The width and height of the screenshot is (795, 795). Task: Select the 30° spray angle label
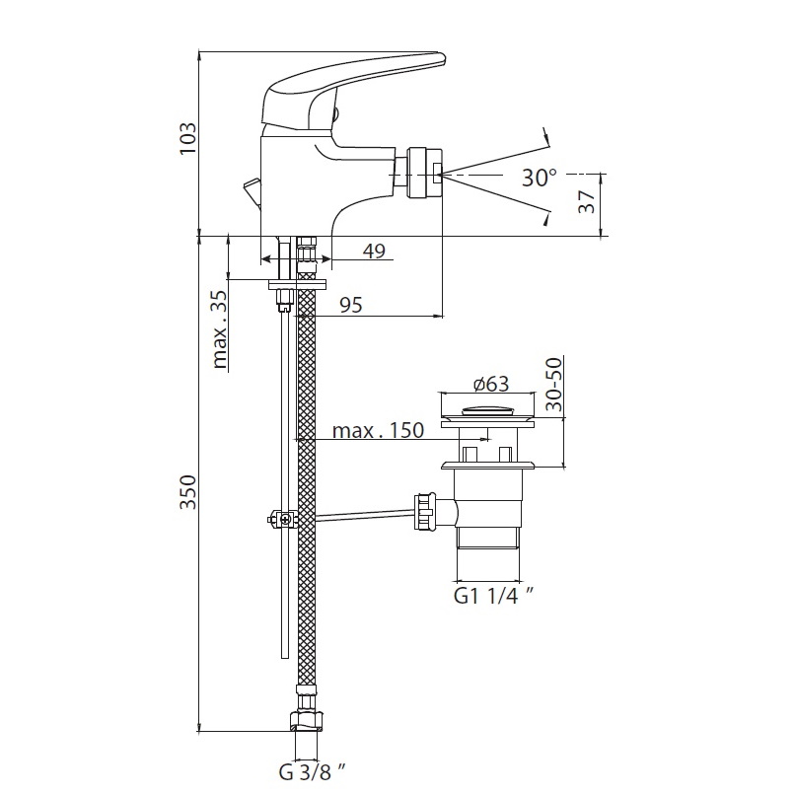[539, 178]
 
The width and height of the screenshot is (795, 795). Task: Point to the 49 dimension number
[373, 252]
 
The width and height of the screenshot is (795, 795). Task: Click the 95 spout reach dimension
[351, 306]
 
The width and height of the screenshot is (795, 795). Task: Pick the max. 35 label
[220, 329]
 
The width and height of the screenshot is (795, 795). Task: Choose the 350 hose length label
[188, 492]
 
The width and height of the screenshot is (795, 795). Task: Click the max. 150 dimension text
[377, 430]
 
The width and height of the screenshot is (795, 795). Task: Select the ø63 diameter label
[490, 383]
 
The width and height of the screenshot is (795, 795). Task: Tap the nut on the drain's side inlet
[427, 510]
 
